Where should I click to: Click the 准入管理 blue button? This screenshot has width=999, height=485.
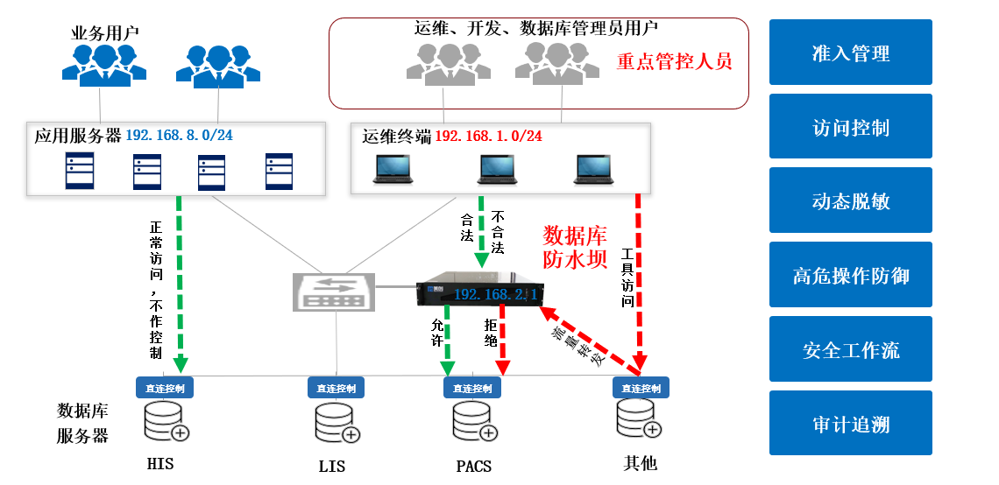(850, 53)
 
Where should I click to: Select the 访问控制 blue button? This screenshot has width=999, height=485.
(850, 127)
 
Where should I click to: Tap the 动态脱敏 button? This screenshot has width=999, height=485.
(850, 201)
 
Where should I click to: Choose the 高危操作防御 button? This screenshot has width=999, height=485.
(850, 276)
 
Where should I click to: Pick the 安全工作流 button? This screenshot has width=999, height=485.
(850, 350)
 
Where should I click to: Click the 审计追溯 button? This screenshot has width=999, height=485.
(850, 424)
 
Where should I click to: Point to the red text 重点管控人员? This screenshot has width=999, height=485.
(674, 62)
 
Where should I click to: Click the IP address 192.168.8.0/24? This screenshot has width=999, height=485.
(179, 136)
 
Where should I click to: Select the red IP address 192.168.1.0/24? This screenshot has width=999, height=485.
(488, 136)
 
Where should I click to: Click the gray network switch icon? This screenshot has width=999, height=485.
(333, 291)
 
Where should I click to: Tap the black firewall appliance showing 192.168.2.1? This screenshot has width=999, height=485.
(479, 292)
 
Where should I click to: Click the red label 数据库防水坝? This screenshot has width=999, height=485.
(575, 248)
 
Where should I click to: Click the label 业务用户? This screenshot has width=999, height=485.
(104, 33)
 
